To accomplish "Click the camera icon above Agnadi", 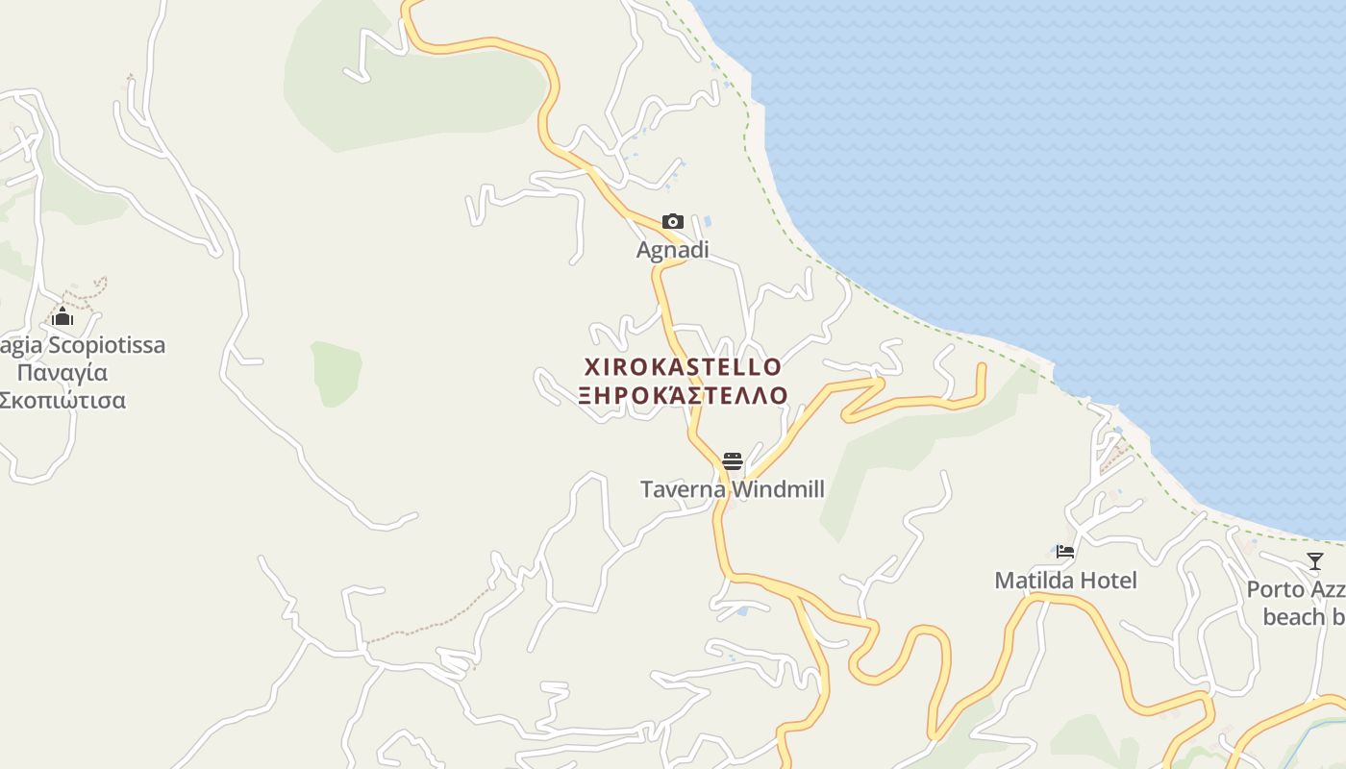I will click(673, 222).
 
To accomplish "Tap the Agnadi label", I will click(672, 250).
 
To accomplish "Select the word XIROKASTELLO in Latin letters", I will click(683, 367).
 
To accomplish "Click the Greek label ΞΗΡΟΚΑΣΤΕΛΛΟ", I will click(683, 395).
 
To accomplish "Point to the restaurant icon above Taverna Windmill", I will click(733, 461).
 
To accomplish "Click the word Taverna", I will click(683, 490).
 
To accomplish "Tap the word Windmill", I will click(777, 490).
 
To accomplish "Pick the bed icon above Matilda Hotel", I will click(1065, 552).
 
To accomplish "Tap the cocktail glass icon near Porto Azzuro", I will click(1315, 561).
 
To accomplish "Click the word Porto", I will click(1275, 589).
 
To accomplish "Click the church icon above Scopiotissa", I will click(62, 316).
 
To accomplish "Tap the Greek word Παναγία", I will click(62, 373).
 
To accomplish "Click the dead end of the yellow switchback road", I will click(982, 366).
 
